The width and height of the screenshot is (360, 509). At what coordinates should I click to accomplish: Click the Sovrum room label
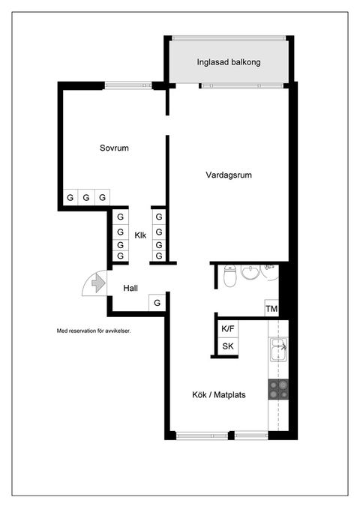pyautogui.click(x=114, y=148)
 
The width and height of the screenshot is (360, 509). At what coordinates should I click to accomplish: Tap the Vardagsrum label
pyautogui.click(x=228, y=175)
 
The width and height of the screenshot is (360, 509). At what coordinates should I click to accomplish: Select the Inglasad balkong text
pyautogui.click(x=229, y=63)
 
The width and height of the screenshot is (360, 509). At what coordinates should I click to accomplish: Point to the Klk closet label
pyautogui.click(x=140, y=236)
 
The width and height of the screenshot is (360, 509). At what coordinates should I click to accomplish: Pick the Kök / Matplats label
pyautogui.click(x=219, y=394)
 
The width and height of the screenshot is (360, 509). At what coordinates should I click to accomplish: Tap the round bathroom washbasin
pyautogui.click(x=250, y=271)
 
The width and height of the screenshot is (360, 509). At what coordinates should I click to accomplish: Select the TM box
pyautogui.click(x=271, y=309)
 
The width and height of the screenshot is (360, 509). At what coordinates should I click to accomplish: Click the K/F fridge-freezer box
pyautogui.click(x=226, y=328)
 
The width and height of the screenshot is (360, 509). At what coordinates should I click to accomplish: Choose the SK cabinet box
pyautogui.click(x=226, y=346)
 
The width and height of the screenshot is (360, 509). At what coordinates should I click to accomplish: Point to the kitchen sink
pyautogui.click(x=277, y=346)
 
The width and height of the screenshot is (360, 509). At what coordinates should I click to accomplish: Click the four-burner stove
pyautogui.click(x=278, y=388)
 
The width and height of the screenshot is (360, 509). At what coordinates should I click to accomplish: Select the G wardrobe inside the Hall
pyautogui.click(x=157, y=303)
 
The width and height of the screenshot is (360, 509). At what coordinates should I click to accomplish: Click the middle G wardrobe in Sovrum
pyautogui.click(x=86, y=198)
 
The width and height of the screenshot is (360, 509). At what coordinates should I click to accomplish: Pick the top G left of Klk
pyautogui.click(x=119, y=217)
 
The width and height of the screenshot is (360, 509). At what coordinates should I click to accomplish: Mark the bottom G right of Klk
pyautogui.click(x=158, y=256)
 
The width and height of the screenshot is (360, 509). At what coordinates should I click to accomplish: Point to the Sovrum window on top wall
pyautogui.click(x=128, y=85)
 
